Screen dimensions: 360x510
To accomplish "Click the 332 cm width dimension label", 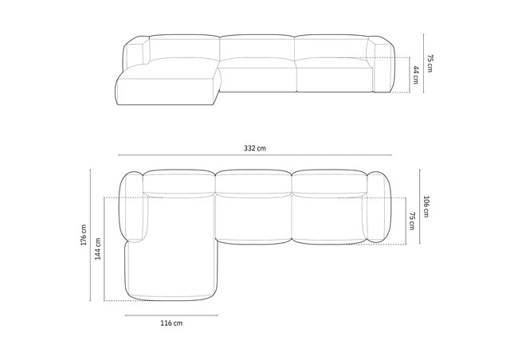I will coord(255,147).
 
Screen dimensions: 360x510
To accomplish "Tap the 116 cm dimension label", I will coord(171,323).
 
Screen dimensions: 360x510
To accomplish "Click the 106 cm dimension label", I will coord(427,207).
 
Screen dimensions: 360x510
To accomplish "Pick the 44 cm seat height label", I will coord(416,76).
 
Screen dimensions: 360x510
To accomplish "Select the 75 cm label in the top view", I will coord(412,221).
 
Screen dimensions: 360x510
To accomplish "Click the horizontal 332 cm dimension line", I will coord(255,155).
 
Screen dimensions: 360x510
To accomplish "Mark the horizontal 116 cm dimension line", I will coord(171,315).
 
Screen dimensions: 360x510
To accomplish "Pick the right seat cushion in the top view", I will coord(328,219).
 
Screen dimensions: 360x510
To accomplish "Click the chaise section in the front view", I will coord(167,88).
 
